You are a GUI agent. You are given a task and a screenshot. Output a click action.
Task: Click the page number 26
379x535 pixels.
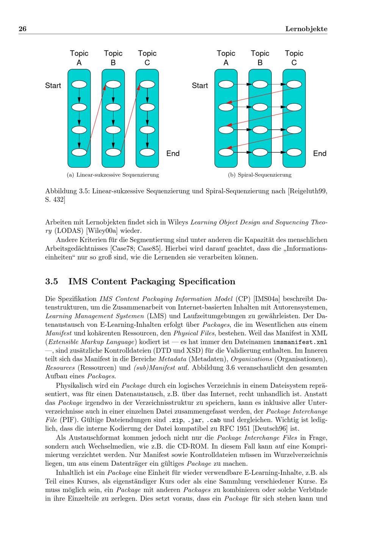click(22, 29)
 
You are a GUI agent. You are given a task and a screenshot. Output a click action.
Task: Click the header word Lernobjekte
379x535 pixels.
click(306, 29)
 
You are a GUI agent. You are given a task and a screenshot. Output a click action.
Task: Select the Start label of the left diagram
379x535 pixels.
click(53, 86)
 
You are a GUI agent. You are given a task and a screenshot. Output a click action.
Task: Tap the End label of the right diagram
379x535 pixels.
click(319, 153)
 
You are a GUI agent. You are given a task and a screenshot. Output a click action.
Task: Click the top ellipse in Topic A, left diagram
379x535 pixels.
click(79, 84)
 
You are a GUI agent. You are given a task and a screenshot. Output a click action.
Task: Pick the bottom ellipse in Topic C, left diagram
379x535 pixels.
click(147, 152)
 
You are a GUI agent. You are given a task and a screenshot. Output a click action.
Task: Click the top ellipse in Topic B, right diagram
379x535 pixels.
click(260, 84)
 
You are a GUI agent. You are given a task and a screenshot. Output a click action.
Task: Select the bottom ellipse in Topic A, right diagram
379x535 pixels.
click(226, 152)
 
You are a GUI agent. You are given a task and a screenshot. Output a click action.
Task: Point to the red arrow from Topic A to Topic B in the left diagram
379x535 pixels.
click(96, 119)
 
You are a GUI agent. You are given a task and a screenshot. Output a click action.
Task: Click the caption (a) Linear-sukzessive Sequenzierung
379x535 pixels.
click(113, 175)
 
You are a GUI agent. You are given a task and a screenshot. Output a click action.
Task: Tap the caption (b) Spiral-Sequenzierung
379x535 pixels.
click(260, 175)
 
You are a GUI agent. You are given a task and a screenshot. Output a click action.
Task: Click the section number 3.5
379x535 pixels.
click(52, 281)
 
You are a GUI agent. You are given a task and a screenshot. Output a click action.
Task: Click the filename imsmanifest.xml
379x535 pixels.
click(300, 342)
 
